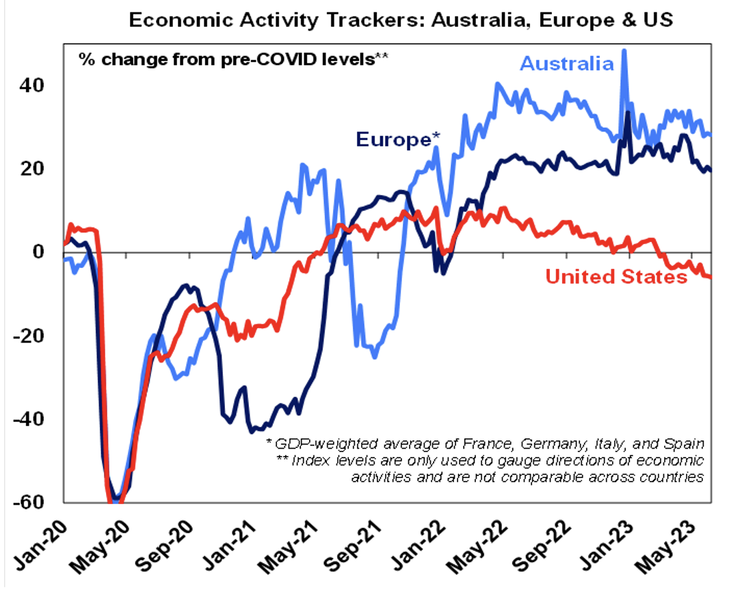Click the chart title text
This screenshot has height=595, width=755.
click(x=401, y=19)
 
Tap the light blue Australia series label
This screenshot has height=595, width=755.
click(x=567, y=64)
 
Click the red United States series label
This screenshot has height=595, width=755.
click(x=615, y=277)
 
